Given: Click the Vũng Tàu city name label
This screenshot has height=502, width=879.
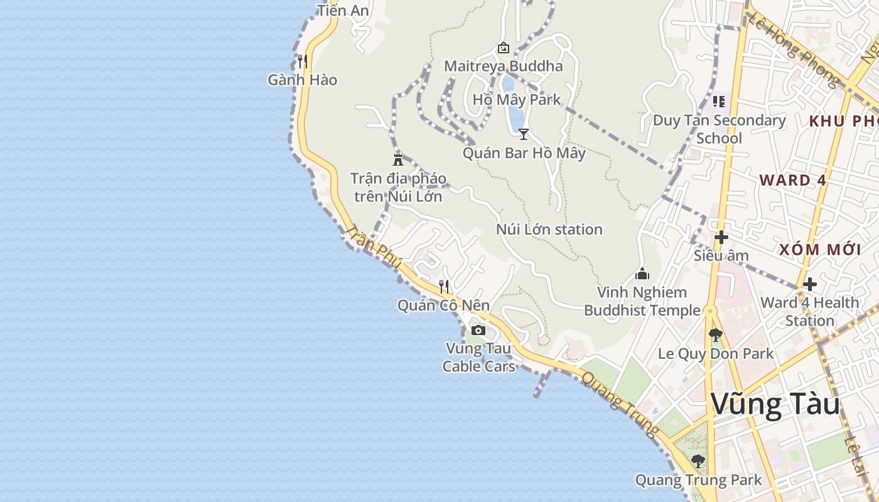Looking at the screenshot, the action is [x=775, y=405].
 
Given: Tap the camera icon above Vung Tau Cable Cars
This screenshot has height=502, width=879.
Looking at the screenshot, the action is [x=478, y=330].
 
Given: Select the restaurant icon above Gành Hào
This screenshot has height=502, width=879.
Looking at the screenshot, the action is [x=302, y=61].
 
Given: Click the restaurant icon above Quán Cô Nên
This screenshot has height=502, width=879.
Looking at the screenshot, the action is [x=443, y=287].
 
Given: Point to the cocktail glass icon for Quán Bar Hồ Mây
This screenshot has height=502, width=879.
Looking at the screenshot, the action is [x=524, y=134].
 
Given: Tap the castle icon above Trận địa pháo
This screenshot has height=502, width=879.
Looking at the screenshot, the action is [x=397, y=159].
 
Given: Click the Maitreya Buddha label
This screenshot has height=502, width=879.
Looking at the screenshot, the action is [x=503, y=67].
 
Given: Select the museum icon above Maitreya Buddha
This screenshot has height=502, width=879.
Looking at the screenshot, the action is [x=503, y=48].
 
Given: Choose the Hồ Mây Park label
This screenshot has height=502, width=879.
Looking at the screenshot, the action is [x=517, y=100].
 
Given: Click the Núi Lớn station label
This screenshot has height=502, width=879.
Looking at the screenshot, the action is [x=549, y=230].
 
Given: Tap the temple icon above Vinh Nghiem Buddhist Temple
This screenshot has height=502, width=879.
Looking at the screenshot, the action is [x=642, y=274].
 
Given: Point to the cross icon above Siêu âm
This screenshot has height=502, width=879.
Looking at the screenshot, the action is [x=721, y=237].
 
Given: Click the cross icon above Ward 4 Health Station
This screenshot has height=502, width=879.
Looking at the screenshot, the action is [x=810, y=284].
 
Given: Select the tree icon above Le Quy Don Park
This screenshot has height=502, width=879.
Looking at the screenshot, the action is [x=715, y=335].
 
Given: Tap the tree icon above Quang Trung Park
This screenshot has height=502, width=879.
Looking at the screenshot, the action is [x=698, y=461].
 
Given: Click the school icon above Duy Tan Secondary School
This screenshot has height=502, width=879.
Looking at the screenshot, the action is [x=719, y=101].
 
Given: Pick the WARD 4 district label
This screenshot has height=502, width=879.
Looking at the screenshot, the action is [x=792, y=180].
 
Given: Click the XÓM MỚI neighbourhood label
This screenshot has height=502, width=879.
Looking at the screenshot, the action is [x=820, y=249].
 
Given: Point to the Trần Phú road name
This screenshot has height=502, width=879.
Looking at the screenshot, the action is [x=373, y=248].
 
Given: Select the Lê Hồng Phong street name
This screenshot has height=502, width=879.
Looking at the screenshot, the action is [x=794, y=50].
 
